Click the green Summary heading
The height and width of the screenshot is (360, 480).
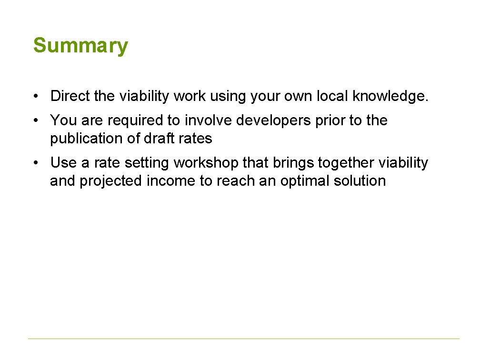80,46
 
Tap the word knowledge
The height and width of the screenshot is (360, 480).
390,96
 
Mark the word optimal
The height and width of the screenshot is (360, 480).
303,181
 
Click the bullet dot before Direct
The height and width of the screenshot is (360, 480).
36,97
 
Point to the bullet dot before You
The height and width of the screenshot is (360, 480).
36,121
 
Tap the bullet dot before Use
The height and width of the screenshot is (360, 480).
36,163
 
